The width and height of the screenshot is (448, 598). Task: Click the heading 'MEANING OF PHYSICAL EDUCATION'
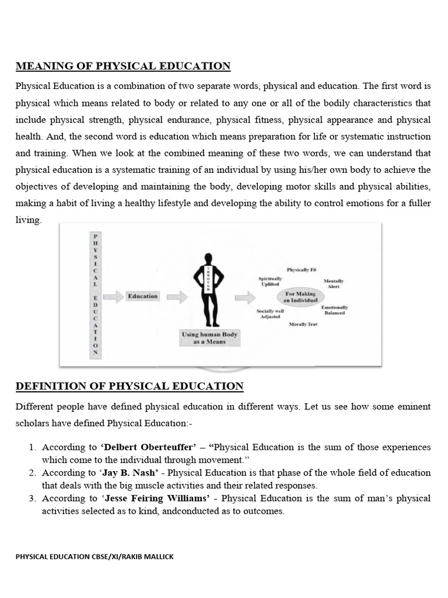point(123,66)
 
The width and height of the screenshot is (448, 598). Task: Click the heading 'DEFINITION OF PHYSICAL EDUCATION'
point(129,386)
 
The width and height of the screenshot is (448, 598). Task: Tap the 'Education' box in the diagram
point(143,296)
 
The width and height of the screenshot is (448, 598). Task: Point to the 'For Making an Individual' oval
point(300,297)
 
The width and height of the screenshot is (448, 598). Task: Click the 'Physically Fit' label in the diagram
point(301,270)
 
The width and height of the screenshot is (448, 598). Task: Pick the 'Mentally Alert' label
point(334,284)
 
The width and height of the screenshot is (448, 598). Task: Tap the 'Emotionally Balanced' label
point(335,310)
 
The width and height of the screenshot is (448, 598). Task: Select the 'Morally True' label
point(303,324)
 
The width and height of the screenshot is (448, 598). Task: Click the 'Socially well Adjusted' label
point(270,314)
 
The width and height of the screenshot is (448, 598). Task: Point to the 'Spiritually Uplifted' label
point(270,281)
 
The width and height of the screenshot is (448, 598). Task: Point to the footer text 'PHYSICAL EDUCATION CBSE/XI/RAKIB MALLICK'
point(94,557)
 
